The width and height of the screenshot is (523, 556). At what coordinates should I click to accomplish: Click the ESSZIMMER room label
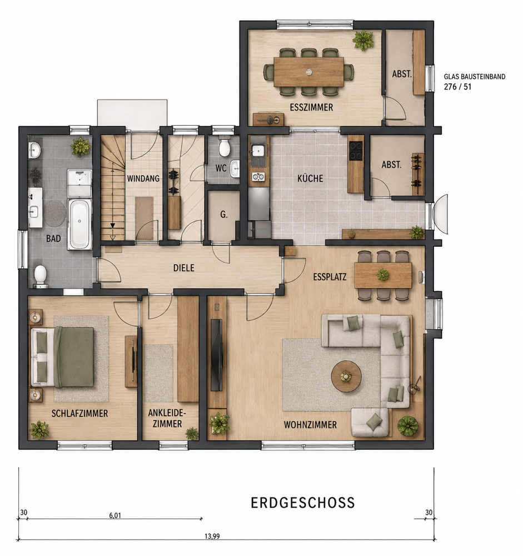pyautogui.click(x=311, y=107)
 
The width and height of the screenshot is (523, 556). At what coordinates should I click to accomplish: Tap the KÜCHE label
pyautogui.click(x=310, y=178)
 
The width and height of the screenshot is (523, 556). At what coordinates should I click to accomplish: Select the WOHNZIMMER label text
pyautogui.click(x=310, y=424)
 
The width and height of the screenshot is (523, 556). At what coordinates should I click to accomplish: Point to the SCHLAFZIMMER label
pyautogui.click(x=80, y=413)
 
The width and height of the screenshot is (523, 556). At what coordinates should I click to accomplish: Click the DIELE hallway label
pyautogui.click(x=183, y=268)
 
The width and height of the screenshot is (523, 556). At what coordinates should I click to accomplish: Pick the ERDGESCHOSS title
pyautogui.click(x=303, y=503)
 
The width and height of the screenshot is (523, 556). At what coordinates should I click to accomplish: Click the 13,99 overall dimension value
pyautogui.click(x=212, y=536)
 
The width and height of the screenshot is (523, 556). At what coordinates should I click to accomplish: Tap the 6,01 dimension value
pyautogui.click(x=115, y=515)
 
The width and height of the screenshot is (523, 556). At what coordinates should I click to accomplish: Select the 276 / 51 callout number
pyautogui.click(x=458, y=87)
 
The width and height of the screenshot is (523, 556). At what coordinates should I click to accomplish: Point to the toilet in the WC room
pyautogui.click(x=225, y=147)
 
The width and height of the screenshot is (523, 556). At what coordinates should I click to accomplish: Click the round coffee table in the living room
pyautogui.click(x=346, y=376)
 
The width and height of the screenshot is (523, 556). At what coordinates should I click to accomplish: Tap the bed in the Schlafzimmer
pyautogui.click(x=63, y=357)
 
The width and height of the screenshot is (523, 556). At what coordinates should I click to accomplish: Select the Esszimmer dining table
pyautogui.click(x=308, y=72)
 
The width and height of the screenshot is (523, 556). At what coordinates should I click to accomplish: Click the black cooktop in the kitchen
pyautogui.click(x=356, y=150)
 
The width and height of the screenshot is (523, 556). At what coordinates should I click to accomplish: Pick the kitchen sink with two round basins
pyautogui.click(x=259, y=176)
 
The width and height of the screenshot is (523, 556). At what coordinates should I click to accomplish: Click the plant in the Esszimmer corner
pyautogui.click(x=363, y=39)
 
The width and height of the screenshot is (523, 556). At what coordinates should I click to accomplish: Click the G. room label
pyautogui.click(x=224, y=214)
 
